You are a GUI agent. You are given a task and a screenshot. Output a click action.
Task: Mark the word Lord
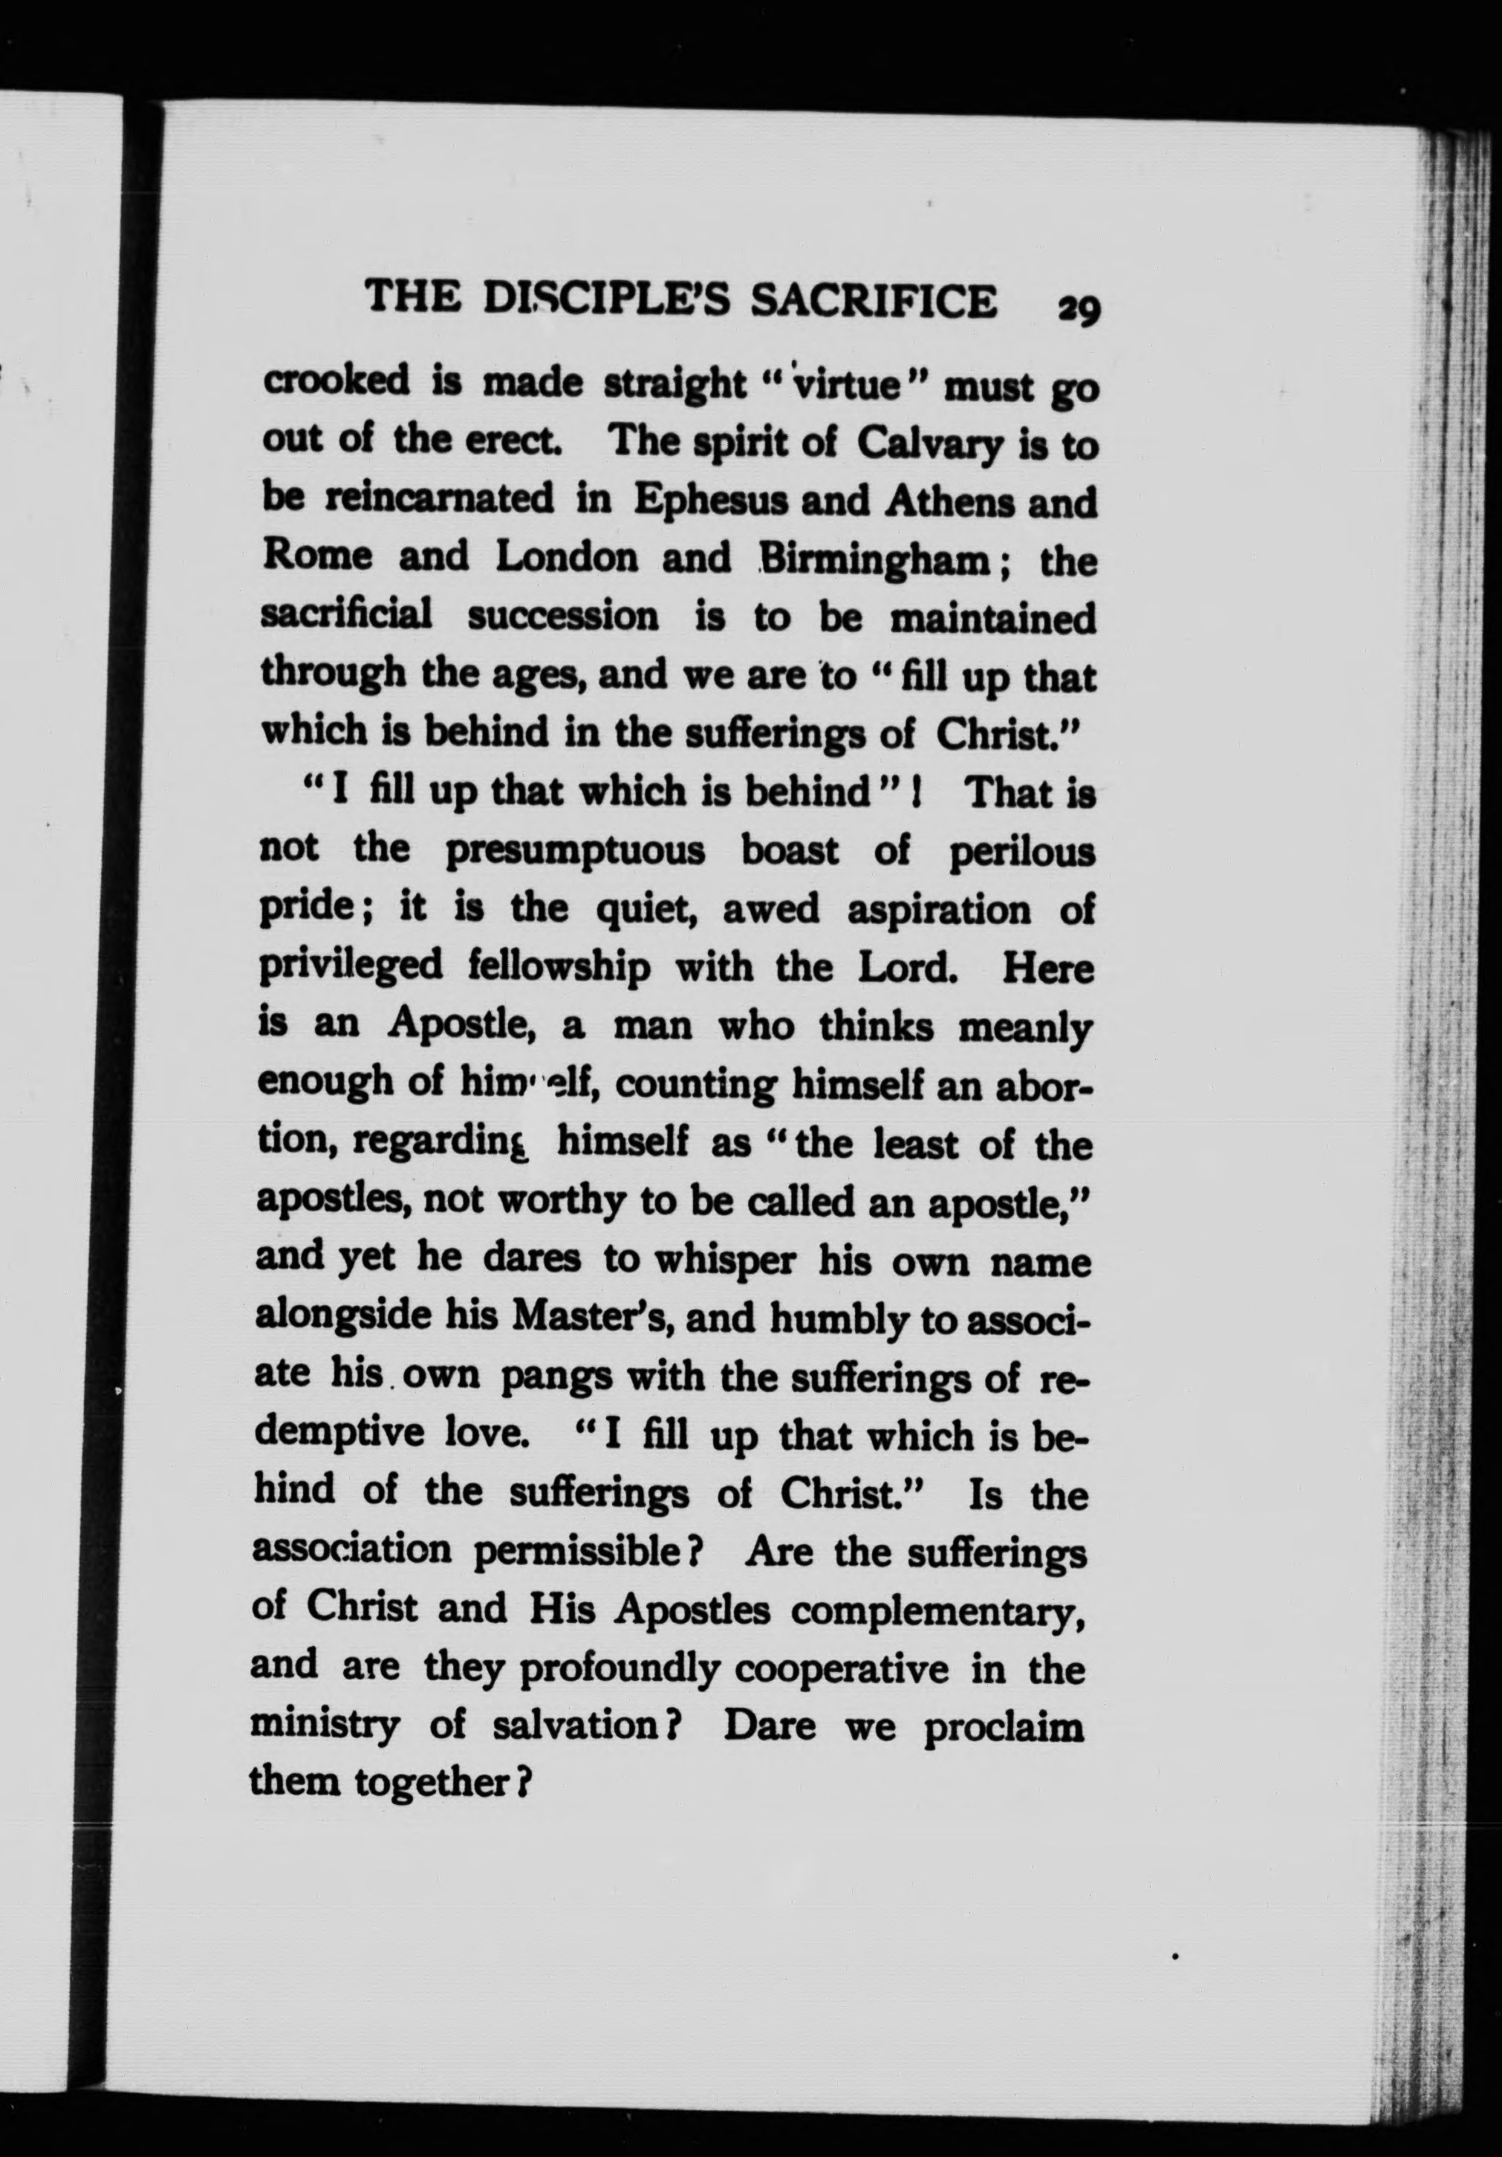click(906, 968)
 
